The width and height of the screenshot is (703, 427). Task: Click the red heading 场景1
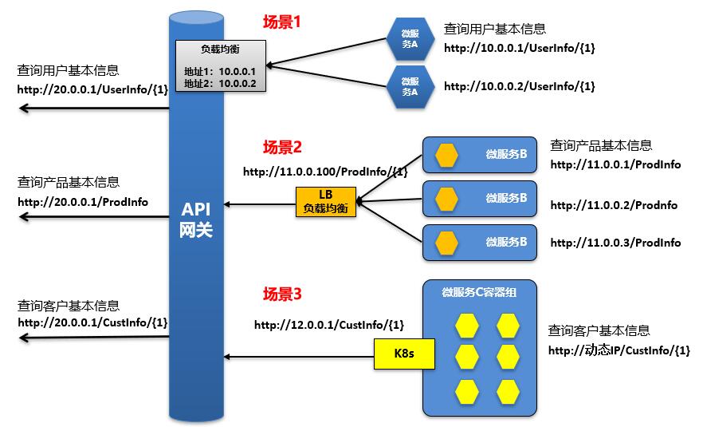[x=282, y=22]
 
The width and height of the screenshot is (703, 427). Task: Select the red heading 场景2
[x=282, y=147]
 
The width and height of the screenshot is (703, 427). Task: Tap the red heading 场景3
[x=282, y=294]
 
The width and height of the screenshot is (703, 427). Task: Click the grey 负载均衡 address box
[x=221, y=66]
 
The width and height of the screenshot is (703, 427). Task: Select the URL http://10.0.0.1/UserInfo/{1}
[x=519, y=48]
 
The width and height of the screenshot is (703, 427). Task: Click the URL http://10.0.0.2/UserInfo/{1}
[x=519, y=86]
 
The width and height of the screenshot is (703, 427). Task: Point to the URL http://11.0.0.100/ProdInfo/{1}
[x=325, y=172]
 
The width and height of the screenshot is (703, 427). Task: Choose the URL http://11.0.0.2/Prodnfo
[x=614, y=205]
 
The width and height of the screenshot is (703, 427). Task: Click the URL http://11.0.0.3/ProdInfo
[x=615, y=243]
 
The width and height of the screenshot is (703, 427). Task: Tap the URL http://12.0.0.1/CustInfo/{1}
[x=329, y=325]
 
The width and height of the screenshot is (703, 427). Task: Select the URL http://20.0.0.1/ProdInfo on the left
[x=83, y=202]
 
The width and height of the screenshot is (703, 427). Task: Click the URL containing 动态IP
[x=619, y=350]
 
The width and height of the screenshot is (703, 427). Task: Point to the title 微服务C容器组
[x=479, y=292]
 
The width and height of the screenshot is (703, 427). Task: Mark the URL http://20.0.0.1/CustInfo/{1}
[x=92, y=322]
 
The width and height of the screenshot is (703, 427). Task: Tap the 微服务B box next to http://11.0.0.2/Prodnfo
[x=478, y=196]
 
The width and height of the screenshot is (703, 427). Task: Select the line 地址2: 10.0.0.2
[x=219, y=82]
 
